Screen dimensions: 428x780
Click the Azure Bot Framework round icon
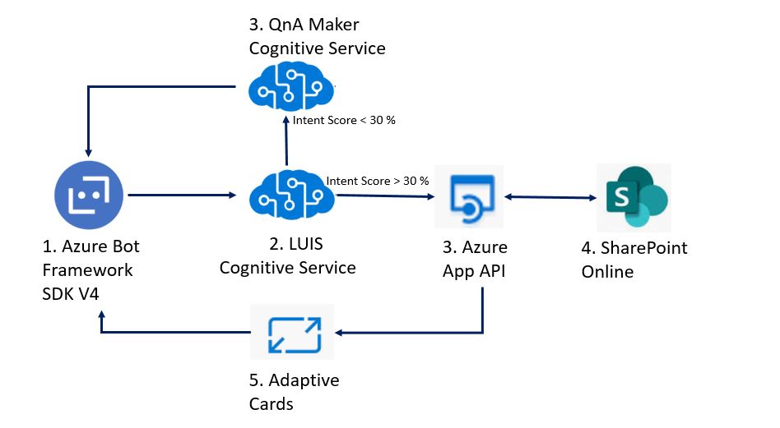click(x=88, y=196)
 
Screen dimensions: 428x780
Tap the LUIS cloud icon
click(x=291, y=196)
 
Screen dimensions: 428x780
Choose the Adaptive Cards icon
click(x=292, y=332)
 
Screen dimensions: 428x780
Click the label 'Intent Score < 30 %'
click(x=344, y=120)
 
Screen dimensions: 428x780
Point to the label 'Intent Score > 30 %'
click(x=378, y=181)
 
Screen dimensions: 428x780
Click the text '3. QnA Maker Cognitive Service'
click(x=317, y=37)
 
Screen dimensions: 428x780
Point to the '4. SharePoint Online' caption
click(x=634, y=259)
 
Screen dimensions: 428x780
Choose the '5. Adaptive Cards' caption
click(x=294, y=391)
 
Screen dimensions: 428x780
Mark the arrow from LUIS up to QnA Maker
click(x=286, y=140)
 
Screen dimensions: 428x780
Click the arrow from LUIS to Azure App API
click(x=383, y=196)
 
